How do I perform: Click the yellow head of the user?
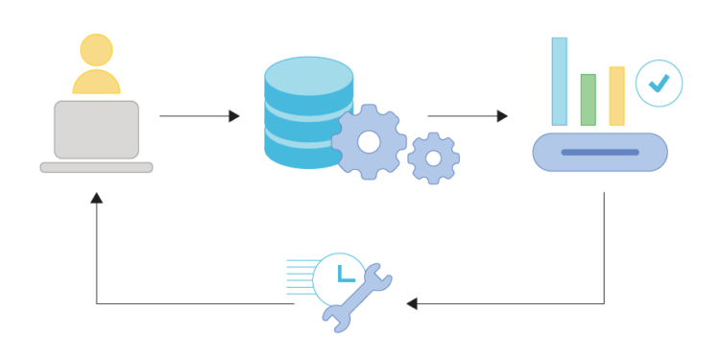(96, 50)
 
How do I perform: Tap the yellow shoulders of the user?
(96, 84)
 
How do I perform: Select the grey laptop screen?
(96, 129)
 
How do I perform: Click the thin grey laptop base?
(96, 167)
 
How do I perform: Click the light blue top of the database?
(308, 74)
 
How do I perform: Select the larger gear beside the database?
(369, 142)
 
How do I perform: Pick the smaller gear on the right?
(433, 158)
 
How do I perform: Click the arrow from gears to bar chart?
(467, 116)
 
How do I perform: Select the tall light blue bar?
(559, 82)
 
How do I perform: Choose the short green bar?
(588, 100)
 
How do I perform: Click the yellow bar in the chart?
(616, 96)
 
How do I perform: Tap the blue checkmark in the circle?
(659, 84)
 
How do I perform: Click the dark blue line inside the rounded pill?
(599, 153)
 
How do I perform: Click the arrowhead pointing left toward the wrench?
(412, 303)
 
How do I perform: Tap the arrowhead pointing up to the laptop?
(96, 198)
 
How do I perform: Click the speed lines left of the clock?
(300, 274)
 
